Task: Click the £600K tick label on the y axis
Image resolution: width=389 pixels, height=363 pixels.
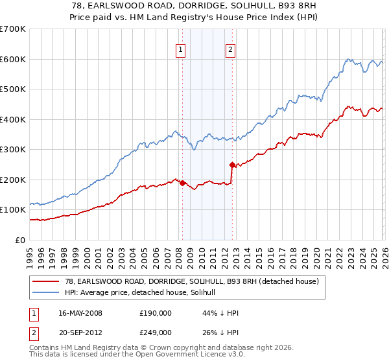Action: coord(13,59)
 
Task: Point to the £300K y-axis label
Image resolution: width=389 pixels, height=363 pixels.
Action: coord(13,149)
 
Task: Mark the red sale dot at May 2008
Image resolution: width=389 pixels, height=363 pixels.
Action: coord(182,183)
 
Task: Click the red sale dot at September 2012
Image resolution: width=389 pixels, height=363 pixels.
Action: coord(232,165)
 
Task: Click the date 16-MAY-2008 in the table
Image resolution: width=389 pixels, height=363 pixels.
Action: coord(80,312)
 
